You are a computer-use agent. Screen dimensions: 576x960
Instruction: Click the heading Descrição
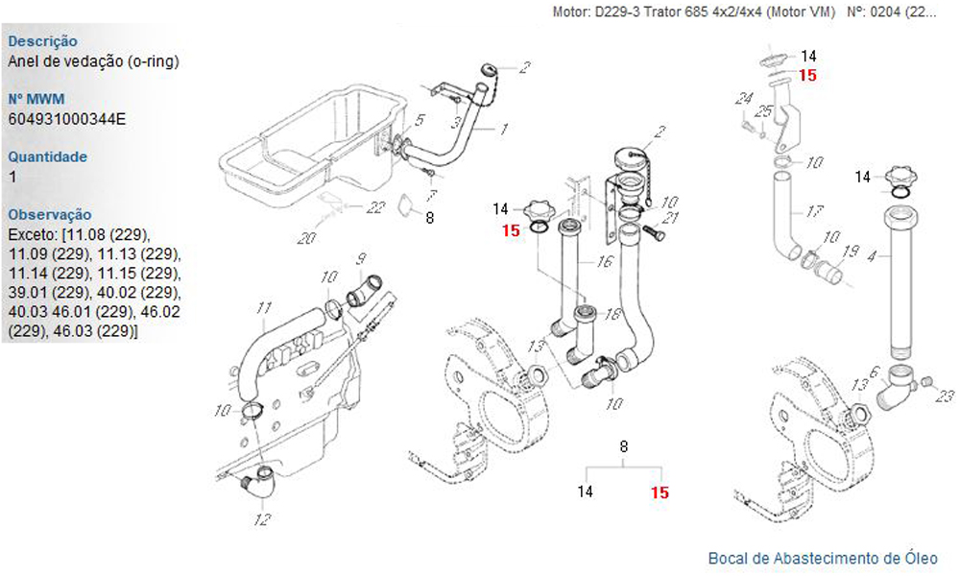pos(42,42)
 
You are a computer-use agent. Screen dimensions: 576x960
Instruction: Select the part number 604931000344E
pos(66,119)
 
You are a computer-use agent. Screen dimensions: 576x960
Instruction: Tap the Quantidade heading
pos(47,156)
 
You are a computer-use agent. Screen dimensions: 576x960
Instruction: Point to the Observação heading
pos(49,214)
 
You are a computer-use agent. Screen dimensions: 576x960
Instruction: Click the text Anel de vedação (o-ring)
pos(92,61)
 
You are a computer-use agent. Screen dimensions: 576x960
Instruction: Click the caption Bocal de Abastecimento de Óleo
pos(823,558)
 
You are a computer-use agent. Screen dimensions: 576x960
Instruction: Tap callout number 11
pos(265,309)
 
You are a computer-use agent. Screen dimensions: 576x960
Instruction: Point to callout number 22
pos(376,206)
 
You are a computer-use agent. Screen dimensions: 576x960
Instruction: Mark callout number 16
pos(605,261)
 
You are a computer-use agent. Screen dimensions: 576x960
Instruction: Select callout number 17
pos(815,211)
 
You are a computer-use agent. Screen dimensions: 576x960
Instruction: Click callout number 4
pos(872,256)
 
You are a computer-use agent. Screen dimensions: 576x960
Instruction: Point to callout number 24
pos(742,98)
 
